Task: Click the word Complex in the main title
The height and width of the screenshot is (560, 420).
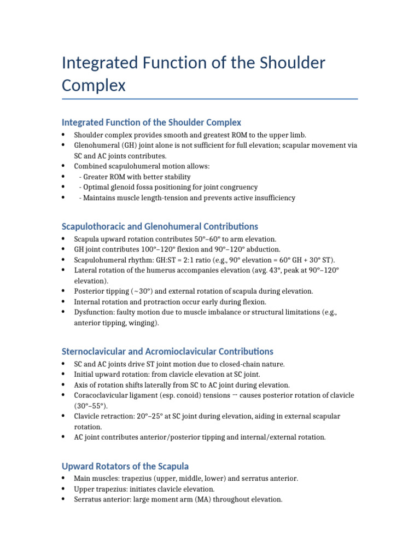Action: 94,85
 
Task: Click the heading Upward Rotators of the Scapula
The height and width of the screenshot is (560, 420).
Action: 125,466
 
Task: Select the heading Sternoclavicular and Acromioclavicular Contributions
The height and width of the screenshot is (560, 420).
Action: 167,351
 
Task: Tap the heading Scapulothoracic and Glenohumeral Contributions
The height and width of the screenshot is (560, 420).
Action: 160,226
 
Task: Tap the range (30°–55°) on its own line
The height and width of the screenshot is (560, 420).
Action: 91,406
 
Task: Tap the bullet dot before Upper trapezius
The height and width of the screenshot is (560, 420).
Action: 63,489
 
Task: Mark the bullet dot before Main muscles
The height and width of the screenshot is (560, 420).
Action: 63,479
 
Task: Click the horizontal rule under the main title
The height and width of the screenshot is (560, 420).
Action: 210,99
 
